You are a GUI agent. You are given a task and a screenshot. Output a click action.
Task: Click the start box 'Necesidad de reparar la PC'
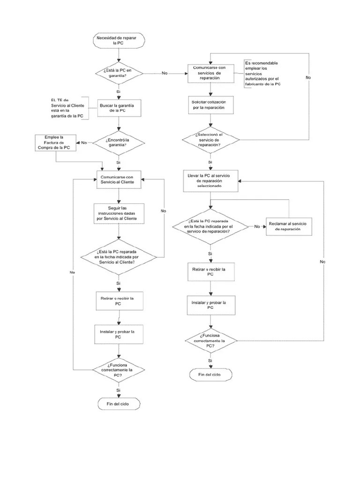point(118,40)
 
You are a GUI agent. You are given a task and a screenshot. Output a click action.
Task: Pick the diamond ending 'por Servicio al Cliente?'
point(118,256)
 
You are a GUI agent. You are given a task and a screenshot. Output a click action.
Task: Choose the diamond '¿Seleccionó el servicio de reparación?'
point(210,140)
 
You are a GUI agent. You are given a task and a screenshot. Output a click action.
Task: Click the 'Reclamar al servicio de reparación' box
point(288,226)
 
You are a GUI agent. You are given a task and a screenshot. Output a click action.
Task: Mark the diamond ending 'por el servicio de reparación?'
point(210,226)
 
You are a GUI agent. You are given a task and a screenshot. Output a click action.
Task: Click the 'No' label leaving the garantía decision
point(165,73)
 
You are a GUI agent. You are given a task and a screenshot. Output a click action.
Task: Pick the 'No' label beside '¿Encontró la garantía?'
point(84,142)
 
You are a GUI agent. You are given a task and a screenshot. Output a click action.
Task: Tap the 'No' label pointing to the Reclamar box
point(257,226)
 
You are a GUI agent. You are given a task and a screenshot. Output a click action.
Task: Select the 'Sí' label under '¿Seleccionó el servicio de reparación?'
point(210,162)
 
